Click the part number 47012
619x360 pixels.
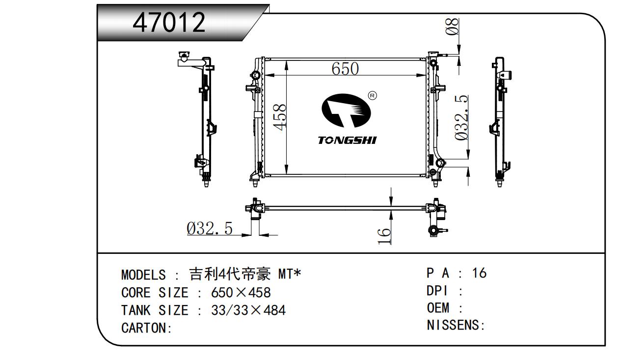(x=169, y=22)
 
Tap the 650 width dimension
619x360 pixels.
(x=345, y=69)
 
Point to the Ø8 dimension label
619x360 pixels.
(x=452, y=27)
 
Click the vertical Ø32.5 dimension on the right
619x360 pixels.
(x=461, y=118)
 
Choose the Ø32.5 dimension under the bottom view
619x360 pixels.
(x=210, y=228)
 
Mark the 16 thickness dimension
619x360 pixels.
(x=384, y=236)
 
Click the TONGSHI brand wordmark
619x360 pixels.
(x=347, y=140)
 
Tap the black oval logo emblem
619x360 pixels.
(x=346, y=111)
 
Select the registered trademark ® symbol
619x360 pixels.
(x=373, y=96)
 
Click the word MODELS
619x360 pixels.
(x=143, y=275)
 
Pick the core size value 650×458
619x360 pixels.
(x=241, y=293)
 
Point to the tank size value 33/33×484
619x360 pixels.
(x=248, y=310)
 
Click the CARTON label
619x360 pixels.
(x=146, y=328)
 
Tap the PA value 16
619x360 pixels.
(x=479, y=273)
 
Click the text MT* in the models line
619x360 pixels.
(x=290, y=274)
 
